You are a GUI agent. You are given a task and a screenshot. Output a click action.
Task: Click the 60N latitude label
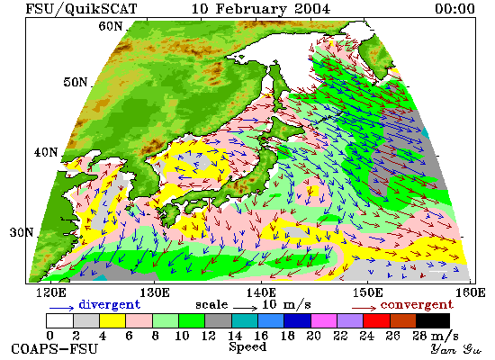click(x=110, y=26)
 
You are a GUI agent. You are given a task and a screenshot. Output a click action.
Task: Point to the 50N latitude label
click(x=76, y=82)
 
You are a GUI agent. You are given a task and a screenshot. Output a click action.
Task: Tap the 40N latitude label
click(x=46, y=152)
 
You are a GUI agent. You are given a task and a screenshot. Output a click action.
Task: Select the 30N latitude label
click(x=22, y=232)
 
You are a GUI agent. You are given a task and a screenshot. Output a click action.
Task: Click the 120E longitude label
click(x=51, y=292)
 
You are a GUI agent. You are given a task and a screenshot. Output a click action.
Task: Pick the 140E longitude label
click(x=261, y=292)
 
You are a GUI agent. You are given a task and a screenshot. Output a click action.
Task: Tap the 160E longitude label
click(x=471, y=292)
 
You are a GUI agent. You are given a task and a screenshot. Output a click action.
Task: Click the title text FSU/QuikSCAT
click(x=81, y=8)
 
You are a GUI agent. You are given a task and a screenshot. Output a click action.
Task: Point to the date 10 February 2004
click(x=261, y=8)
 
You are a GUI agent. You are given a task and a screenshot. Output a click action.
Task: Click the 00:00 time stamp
click(x=454, y=8)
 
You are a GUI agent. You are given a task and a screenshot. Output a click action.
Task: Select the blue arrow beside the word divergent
click(x=61, y=308)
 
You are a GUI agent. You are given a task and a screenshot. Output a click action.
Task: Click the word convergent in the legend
click(x=417, y=305)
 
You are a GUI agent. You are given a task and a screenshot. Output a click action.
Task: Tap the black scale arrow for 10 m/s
click(x=246, y=307)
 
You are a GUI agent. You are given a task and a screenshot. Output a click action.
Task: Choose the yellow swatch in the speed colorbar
click(x=112, y=320)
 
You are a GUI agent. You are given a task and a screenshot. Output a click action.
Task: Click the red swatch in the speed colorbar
click(x=376, y=320)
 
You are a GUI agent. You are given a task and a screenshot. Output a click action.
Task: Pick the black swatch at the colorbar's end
click(x=433, y=320)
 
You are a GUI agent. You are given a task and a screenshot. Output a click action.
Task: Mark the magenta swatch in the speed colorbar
click(x=324, y=320)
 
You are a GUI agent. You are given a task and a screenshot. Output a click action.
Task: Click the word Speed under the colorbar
click(x=247, y=346)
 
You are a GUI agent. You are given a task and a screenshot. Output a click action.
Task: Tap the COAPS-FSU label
click(x=54, y=349)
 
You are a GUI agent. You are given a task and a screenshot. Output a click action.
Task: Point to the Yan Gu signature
click(x=455, y=349)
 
